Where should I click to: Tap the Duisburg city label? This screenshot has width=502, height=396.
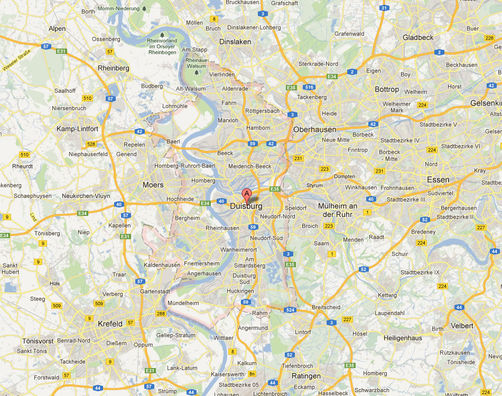click(x=246, y=206)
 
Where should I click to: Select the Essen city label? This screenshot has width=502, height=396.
click(x=438, y=180)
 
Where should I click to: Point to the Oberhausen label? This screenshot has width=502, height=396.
click(x=314, y=129)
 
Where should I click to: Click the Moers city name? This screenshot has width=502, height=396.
click(x=153, y=185)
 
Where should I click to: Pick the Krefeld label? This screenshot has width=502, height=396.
click(x=110, y=324)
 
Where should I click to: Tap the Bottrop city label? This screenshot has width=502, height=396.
click(x=387, y=90)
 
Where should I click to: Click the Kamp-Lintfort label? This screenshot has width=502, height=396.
click(x=77, y=129)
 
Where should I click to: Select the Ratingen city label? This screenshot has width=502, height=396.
click(x=306, y=376)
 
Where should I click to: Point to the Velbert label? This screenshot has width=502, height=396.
click(x=463, y=326)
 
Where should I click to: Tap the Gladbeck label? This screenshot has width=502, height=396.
click(x=418, y=37)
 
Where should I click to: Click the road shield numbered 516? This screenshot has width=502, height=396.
click(x=310, y=87)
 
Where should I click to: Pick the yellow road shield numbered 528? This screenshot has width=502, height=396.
click(x=91, y=144)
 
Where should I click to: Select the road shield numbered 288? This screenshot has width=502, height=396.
click(x=161, y=314)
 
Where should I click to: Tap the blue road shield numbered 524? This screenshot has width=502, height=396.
click(x=289, y=310)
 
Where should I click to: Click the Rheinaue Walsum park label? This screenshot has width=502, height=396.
click(x=197, y=63)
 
